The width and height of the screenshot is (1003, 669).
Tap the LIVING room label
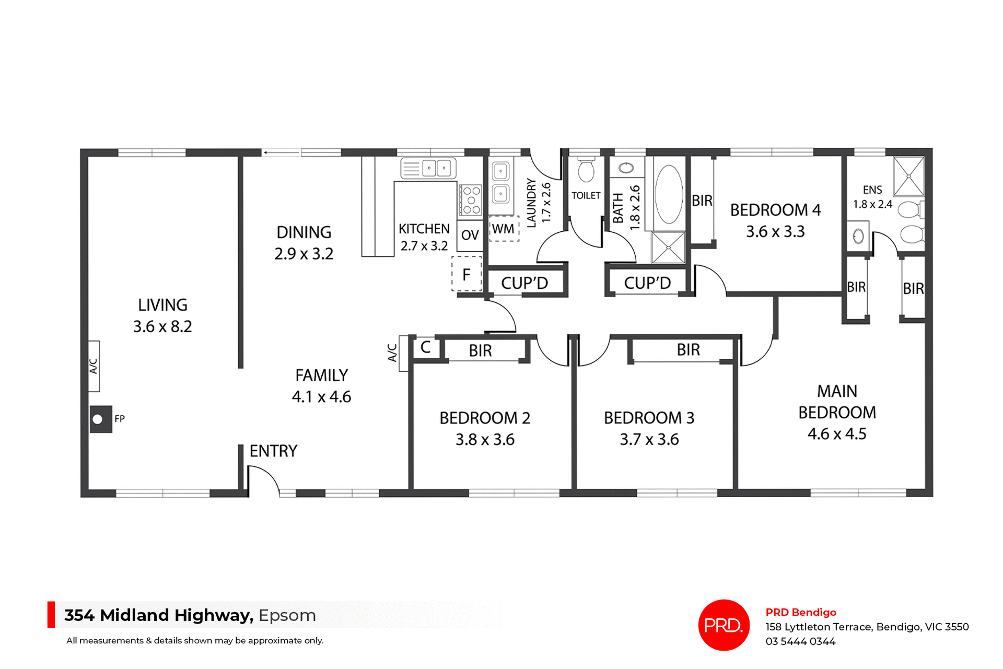(x=162, y=305)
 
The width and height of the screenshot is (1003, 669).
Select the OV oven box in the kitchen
(x=470, y=236)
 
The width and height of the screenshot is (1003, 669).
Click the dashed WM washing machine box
(x=504, y=229)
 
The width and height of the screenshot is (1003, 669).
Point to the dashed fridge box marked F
(x=466, y=274)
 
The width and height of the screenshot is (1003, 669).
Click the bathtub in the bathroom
(x=669, y=194)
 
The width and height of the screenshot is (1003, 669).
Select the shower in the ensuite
(x=908, y=177)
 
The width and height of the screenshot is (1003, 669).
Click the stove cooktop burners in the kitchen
(x=471, y=200)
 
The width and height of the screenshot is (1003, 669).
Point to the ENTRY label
(x=273, y=451)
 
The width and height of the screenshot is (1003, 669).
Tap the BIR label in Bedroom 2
(x=480, y=350)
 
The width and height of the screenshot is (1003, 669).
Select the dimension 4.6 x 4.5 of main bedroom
(x=836, y=434)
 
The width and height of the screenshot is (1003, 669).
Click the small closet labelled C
(x=426, y=347)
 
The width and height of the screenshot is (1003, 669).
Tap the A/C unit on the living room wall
(x=94, y=366)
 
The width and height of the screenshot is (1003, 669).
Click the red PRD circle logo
(x=724, y=625)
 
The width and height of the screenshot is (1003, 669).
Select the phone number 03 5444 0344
(x=800, y=641)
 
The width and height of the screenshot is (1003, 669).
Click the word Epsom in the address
(x=287, y=615)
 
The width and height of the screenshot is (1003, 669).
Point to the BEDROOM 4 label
(x=775, y=210)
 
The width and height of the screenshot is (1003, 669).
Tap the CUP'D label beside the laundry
(x=524, y=283)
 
